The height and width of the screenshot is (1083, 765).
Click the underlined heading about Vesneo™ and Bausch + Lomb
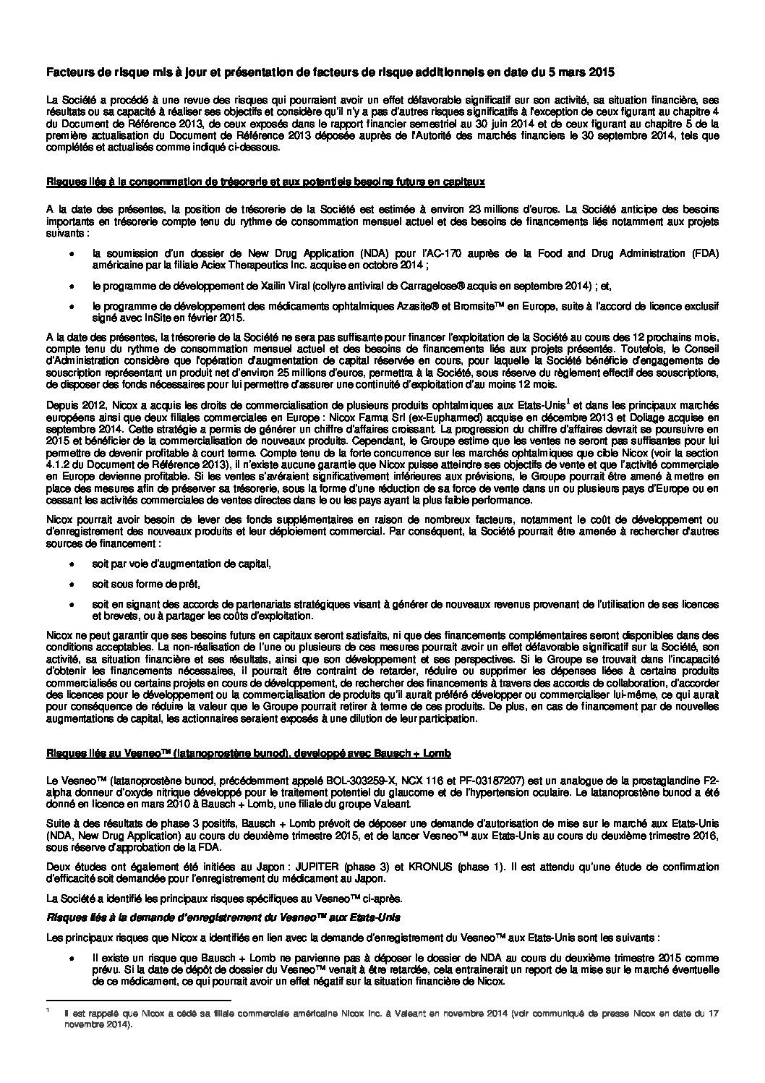(x=249, y=754)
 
